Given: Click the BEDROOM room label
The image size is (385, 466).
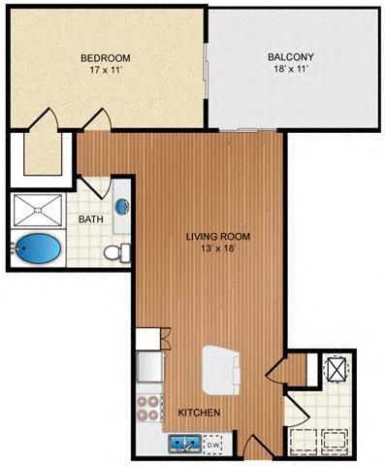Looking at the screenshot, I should [105, 57].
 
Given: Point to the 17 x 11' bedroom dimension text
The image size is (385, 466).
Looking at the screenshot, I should [105, 70].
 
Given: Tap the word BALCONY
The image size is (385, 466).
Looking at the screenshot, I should [290, 57].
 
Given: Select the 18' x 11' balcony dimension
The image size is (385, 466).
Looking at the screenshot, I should [290, 70].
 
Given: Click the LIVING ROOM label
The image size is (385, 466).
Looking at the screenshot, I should [212, 235].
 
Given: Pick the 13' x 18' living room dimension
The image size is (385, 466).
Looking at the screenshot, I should [212, 248].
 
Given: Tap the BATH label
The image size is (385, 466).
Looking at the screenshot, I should [91, 219].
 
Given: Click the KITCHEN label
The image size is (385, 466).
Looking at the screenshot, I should [200, 413].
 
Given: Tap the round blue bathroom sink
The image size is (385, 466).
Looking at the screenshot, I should [122, 206].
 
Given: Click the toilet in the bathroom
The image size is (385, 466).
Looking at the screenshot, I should [114, 252].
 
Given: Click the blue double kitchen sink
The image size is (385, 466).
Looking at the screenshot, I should [185, 444].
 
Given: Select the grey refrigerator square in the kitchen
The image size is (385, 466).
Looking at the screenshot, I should [150, 365].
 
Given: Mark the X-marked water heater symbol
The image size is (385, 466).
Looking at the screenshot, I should [337, 369].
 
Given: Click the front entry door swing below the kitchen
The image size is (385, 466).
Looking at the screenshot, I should [255, 449].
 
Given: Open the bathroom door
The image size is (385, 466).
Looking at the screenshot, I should [94, 184].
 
